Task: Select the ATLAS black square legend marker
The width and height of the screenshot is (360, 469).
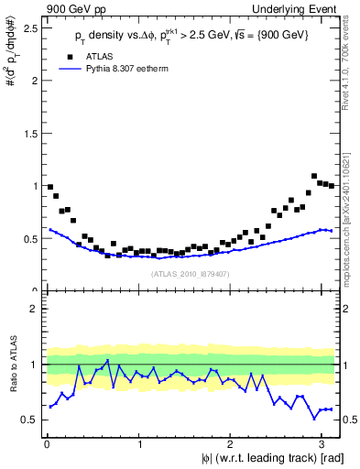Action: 70,55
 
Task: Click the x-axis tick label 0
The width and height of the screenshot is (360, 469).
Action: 46,444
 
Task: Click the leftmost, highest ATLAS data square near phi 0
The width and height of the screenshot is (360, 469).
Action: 50,187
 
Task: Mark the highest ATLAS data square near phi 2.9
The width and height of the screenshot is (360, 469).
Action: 314,176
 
